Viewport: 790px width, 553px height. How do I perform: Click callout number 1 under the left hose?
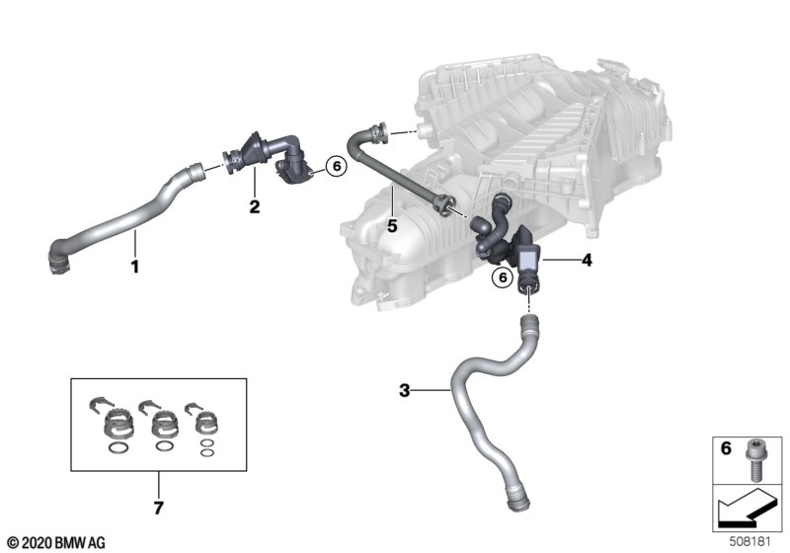tap(134, 267)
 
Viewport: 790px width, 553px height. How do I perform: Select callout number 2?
tap(255, 206)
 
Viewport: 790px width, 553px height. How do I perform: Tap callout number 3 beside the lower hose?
tap(405, 390)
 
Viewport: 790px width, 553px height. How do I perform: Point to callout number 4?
tap(587, 260)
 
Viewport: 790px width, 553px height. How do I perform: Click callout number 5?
tap(392, 226)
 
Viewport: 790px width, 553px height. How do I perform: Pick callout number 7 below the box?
tap(158, 508)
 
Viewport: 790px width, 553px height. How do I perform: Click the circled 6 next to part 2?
tap(336, 166)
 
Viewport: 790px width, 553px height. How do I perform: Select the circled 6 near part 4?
tap(502, 277)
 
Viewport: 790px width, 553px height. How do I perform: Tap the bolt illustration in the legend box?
tap(752, 461)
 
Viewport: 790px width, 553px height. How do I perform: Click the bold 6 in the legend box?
tap(726, 447)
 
